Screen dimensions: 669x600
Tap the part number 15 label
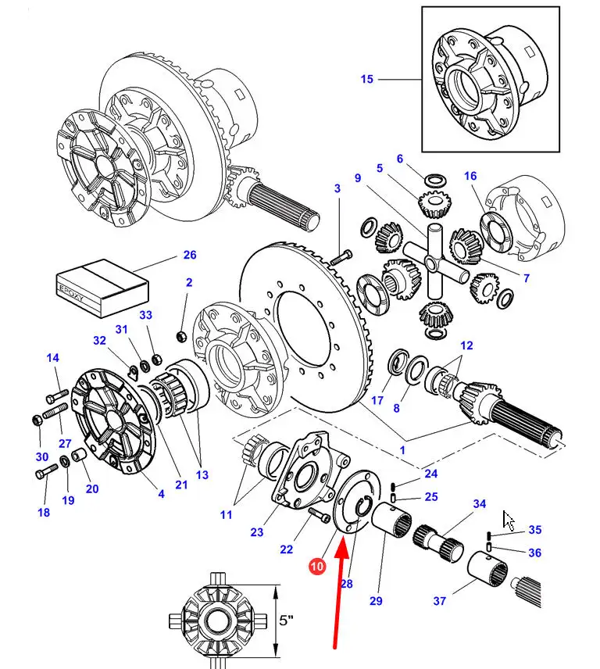[367, 79]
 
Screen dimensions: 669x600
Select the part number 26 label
[190, 255]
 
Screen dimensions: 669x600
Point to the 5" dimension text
[287, 620]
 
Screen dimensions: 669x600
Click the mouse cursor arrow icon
[509, 520]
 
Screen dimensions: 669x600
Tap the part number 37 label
[440, 601]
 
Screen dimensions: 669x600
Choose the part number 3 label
[337, 188]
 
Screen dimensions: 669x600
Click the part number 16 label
[470, 177]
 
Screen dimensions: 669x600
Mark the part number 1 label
[402, 450]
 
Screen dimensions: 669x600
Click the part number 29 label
[376, 600]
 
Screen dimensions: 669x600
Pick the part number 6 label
[400, 159]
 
